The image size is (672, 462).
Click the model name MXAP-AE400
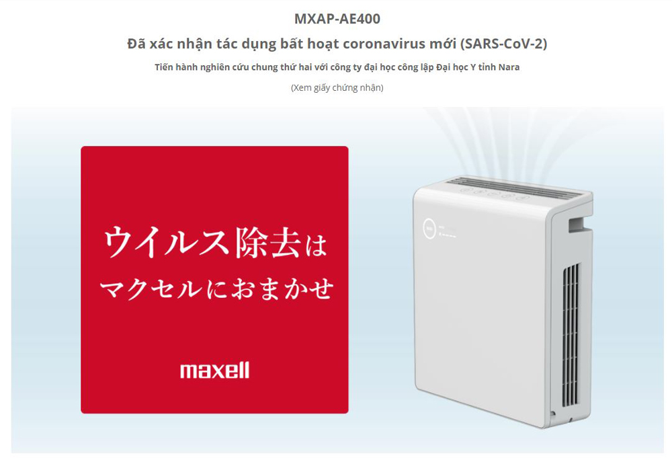tap(337, 18)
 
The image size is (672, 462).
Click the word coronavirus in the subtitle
tap(396, 44)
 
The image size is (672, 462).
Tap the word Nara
tap(509, 67)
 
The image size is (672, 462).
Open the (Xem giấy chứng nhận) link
tap(337, 87)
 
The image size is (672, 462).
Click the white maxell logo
tap(214, 370)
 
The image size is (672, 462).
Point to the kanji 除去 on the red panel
tap(264, 245)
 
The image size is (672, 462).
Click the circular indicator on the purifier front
tap(429, 227)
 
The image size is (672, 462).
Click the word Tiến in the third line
tap(164, 67)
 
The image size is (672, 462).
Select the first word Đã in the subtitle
tap(135, 44)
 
